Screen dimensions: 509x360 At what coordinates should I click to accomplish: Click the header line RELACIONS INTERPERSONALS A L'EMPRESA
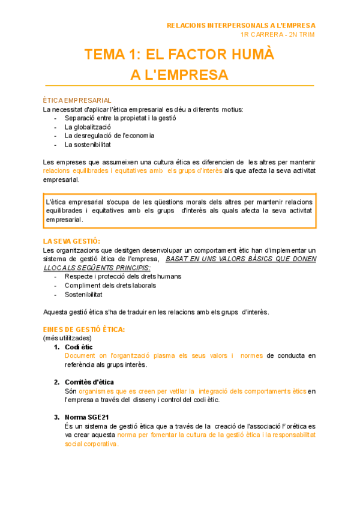pyautogui.click(x=241, y=25)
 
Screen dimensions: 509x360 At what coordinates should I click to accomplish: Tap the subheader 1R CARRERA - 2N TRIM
pyautogui.click(x=277, y=34)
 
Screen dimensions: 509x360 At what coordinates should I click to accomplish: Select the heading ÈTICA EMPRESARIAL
pyautogui.click(x=77, y=100)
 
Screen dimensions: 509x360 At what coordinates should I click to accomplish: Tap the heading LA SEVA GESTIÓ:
pyautogui.click(x=71, y=241)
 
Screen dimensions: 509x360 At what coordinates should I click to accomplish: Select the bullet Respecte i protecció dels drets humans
pyautogui.click(x=123, y=277)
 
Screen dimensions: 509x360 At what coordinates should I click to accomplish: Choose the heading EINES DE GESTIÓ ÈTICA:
pyautogui.click(x=84, y=330)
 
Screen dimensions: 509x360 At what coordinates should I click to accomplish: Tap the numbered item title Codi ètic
pyautogui.click(x=79, y=348)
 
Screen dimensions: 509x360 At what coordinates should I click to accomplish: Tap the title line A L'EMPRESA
pyautogui.click(x=179, y=75)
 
